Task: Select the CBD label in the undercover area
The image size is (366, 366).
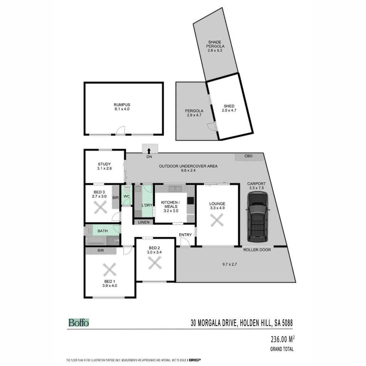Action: pyautogui.click(x=248, y=156)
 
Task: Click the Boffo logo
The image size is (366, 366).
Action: pyautogui.click(x=79, y=323)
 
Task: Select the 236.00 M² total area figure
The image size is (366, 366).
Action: pyautogui.click(x=282, y=339)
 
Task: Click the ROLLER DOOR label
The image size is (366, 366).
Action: pyautogui.click(x=257, y=250)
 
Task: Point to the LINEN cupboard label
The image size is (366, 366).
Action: pyautogui.click(x=144, y=222)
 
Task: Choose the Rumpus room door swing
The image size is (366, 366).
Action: pyautogui.click(x=120, y=131)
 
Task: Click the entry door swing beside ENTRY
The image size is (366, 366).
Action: pyautogui.click(x=185, y=242)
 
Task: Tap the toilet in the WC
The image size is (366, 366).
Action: pyautogui.click(x=127, y=188)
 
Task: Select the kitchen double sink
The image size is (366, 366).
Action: pyautogui.click(x=175, y=189)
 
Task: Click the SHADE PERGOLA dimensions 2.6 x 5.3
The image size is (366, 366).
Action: pyautogui.click(x=216, y=50)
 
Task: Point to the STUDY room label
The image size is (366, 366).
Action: pyautogui.click(x=104, y=164)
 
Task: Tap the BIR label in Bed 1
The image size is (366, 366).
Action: pyautogui.click(x=101, y=250)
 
